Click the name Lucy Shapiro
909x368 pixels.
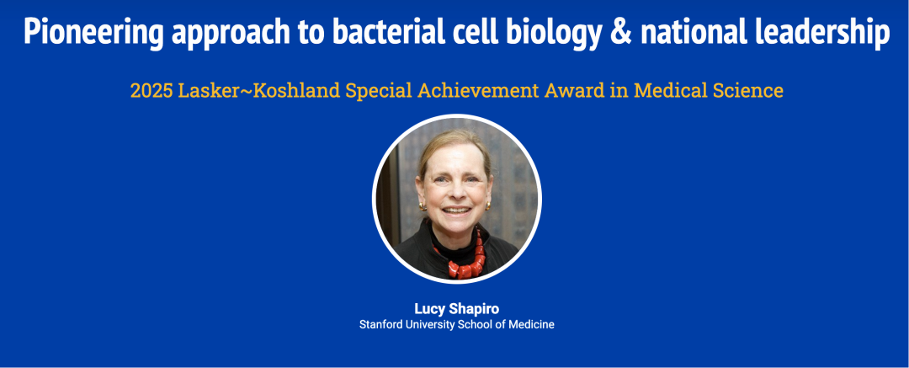[x=456, y=309]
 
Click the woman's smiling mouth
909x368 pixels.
[x=457, y=210]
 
